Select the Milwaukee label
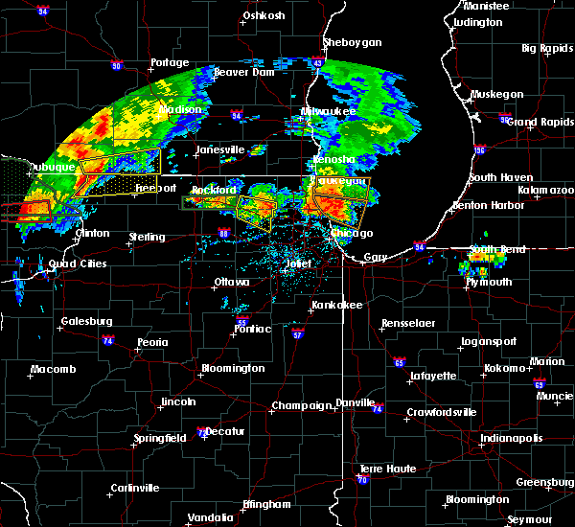[x=329, y=112]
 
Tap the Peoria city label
[x=151, y=342]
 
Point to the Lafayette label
[x=433, y=377]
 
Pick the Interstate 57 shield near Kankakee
[x=298, y=335]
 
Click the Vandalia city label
[x=210, y=517]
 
